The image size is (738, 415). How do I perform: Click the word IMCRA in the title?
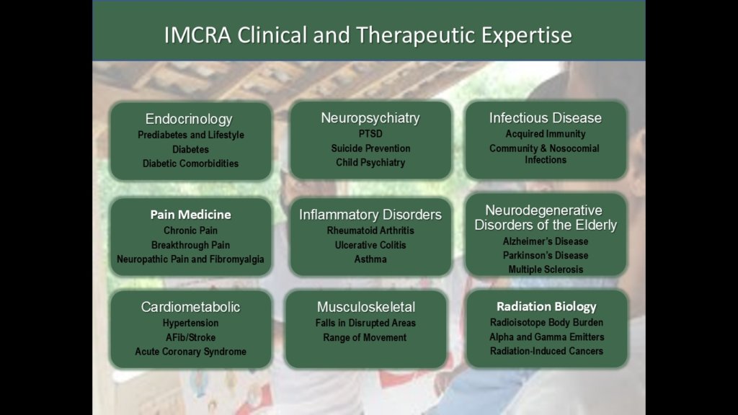click(x=197, y=35)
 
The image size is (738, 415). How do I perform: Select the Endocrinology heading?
click(x=189, y=119)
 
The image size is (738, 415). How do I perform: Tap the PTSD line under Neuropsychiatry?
click(x=370, y=134)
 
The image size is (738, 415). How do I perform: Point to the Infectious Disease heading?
click(x=545, y=117)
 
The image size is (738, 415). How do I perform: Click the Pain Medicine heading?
click(x=190, y=215)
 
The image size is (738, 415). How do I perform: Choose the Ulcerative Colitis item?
click(x=370, y=245)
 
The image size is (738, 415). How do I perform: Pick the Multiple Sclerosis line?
click(x=546, y=269)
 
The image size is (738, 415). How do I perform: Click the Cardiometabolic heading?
click(x=190, y=307)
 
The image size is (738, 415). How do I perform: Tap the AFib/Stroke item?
click(x=190, y=337)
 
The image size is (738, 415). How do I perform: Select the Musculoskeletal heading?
click(x=366, y=307)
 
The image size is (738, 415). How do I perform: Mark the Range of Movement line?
click(x=365, y=337)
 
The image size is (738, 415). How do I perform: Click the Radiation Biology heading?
click(x=546, y=306)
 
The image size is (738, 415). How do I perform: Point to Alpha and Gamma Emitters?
click(x=546, y=337)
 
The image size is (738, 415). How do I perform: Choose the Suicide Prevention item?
click(x=370, y=148)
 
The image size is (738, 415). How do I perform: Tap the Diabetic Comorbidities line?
click(x=190, y=164)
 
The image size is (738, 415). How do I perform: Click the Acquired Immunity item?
click(x=546, y=134)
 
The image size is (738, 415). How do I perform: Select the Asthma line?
click(x=370, y=259)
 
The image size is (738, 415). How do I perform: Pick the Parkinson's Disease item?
click(x=546, y=256)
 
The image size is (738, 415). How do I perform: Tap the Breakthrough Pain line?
click(x=190, y=245)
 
